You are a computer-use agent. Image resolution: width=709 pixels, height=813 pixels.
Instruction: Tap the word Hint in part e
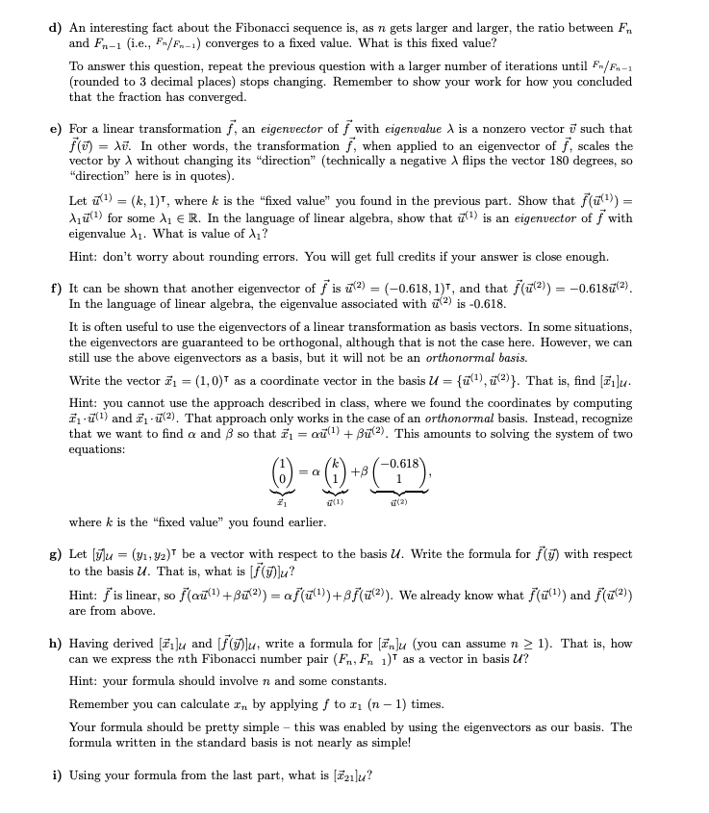pyautogui.click(x=83, y=257)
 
